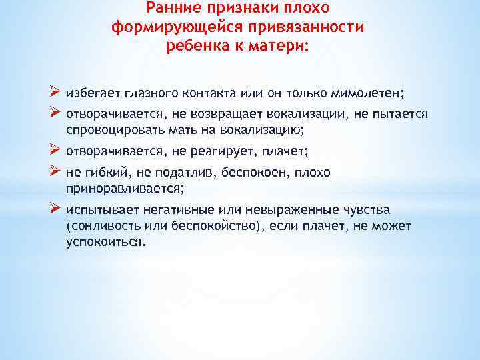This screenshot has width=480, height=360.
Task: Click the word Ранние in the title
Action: [x=169, y=9]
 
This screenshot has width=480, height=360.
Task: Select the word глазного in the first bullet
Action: [x=141, y=92]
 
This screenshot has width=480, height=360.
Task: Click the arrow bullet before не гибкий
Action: [x=55, y=172]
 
